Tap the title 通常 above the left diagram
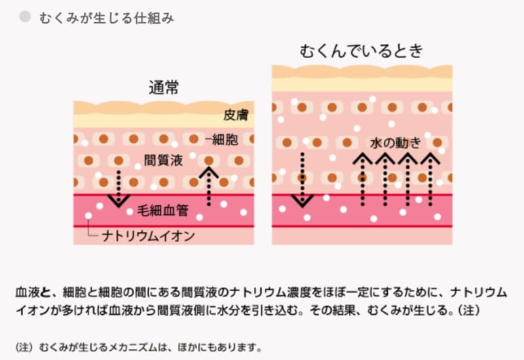164,87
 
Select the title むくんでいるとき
362,51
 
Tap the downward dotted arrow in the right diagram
302,179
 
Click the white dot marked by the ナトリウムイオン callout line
88,216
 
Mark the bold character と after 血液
50,291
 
